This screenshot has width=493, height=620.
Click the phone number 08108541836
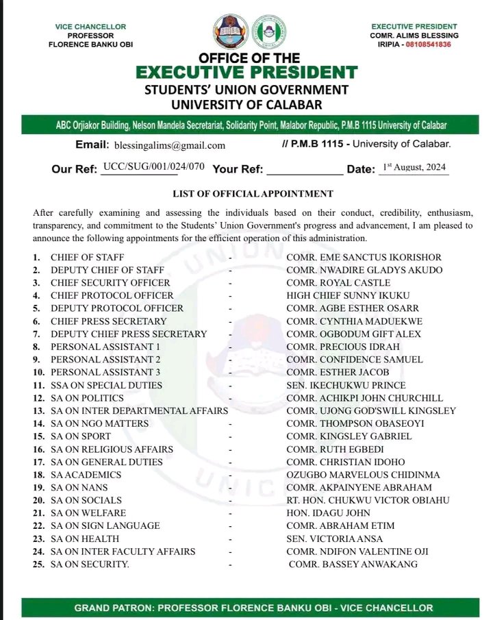pos(426,44)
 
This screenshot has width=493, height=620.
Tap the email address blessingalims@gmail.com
pos(170,145)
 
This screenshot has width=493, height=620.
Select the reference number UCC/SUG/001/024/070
pos(153,167)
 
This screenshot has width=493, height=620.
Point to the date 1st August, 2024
pos(414,168)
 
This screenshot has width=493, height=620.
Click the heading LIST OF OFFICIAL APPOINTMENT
pos(253,194)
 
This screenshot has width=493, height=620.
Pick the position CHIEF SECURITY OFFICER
pos(110,283)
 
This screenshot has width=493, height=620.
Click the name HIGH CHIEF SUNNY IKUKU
pos(344,295)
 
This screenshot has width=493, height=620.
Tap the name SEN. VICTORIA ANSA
pos(331,538)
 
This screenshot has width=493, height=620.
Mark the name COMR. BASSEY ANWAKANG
pos(353,565)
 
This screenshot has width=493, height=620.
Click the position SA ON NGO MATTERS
pos(99,423)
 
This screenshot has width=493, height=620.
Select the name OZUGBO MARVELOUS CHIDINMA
pos(363,475)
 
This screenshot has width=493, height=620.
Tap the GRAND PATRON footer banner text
pos(253,608)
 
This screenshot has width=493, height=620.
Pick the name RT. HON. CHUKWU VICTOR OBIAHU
pos(368,500)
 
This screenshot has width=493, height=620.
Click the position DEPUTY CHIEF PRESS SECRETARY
pos(129,334)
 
